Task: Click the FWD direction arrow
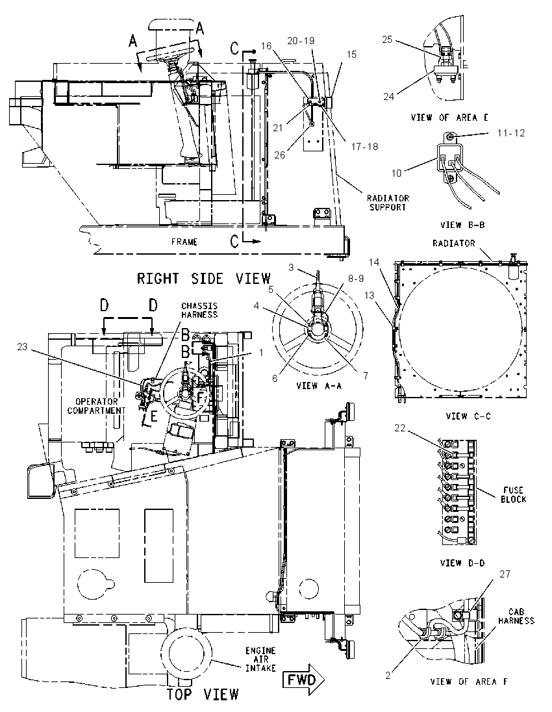[x=304, y=680]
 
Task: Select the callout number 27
[x=505, y=574]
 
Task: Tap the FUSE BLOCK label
[x=514, y=494]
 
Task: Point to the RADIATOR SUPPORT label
[x=388, y=203]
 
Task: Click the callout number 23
[x=23, y=346]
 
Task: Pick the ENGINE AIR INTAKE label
[x=260, y=659]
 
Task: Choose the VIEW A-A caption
[x=318, y=386]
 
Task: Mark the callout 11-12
[x=510, y=133]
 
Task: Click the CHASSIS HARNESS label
[x=199, y=310]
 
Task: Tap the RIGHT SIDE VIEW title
[x=204, y=278]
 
